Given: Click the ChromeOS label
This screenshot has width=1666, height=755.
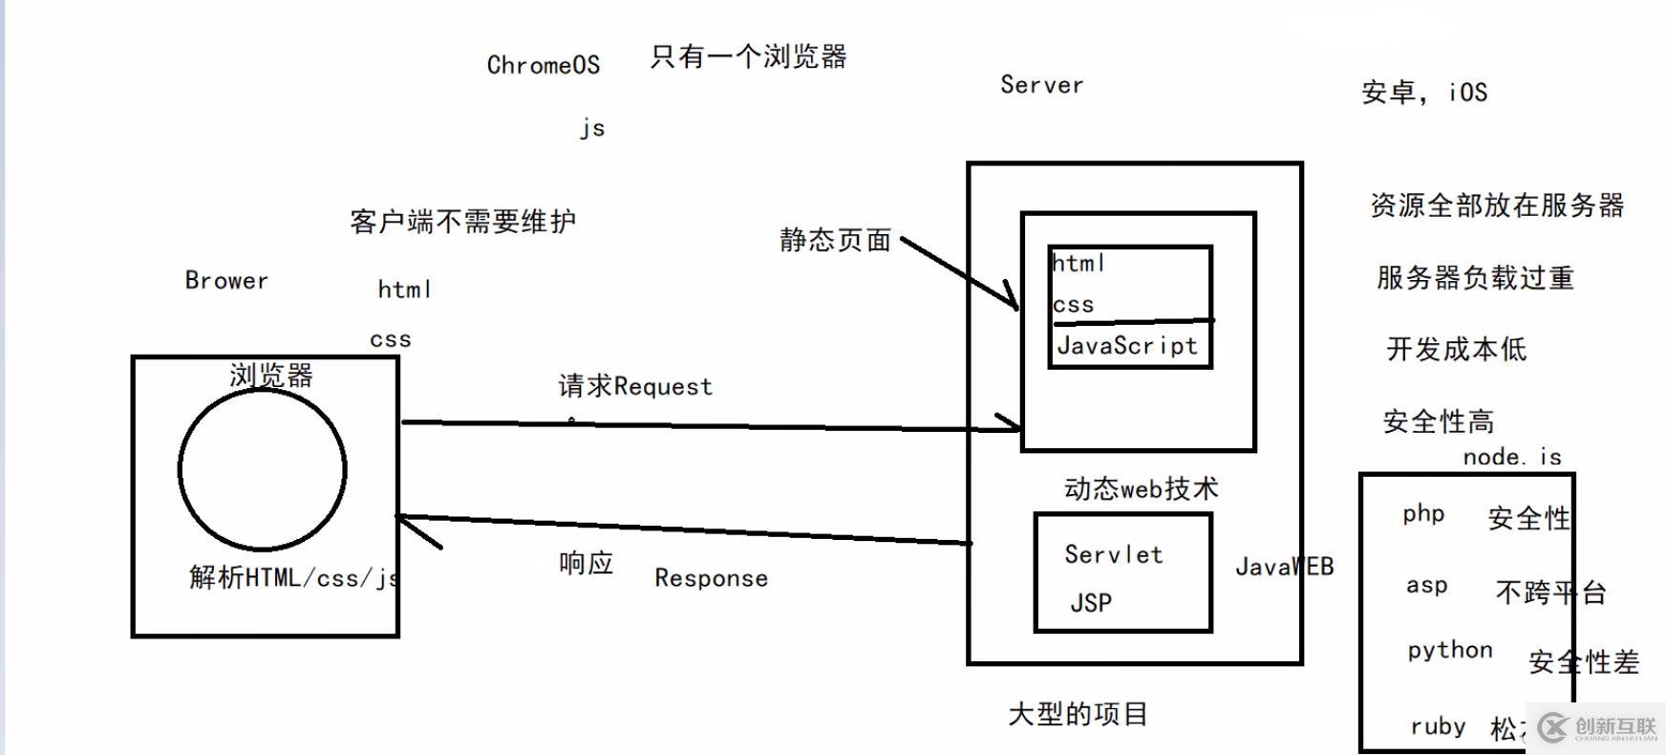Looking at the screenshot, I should [543, 65].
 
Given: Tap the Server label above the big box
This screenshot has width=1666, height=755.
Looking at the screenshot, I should [1041, 85].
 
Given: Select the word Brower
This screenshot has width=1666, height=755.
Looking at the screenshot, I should [226, 280].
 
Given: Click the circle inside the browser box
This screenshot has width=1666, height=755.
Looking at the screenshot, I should [263, 469].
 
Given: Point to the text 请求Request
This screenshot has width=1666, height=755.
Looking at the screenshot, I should [635, 386].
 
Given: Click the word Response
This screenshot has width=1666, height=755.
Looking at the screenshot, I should [711, 578].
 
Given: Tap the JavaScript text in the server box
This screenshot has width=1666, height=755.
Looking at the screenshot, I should [1126, 346].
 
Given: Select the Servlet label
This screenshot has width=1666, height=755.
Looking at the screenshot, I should [1113, 554].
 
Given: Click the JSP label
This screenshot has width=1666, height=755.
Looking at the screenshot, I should [1090, 603].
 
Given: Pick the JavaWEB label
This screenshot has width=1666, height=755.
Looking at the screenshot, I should [1284, 567].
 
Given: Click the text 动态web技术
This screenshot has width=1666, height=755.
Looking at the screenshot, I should [1141, 489].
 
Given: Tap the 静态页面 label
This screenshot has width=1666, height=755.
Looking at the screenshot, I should [835, 240].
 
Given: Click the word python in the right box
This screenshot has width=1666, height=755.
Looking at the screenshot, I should [1449, 651].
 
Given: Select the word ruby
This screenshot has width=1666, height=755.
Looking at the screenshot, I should [1437, 726].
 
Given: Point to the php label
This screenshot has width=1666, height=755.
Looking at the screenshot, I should [1422, 514].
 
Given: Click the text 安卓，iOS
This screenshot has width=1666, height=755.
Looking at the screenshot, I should [1423, 93].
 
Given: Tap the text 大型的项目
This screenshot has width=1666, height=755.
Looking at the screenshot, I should [1078, 714].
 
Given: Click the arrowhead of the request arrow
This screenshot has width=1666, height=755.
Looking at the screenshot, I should [1013, 423].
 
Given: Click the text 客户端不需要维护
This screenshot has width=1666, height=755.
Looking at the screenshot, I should [462, 222].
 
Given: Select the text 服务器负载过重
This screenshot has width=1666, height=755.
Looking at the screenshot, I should [1474, 278].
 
